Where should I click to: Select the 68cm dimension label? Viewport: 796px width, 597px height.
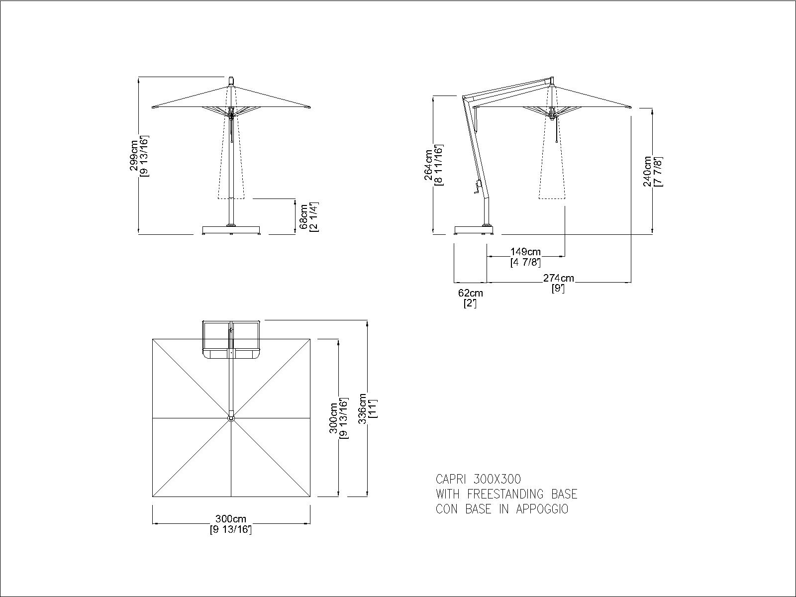[x=303, y=217]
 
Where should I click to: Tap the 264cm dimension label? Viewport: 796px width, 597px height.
[x=429, y=165]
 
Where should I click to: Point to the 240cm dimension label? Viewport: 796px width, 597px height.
[x=647, y=172]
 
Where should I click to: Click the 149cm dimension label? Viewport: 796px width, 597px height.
[x=525, y=251]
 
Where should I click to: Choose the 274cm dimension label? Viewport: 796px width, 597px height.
[x=559, y=278]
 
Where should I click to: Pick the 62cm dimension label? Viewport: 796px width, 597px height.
[x=470, y=293]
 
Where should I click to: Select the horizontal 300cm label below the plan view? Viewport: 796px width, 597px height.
[x=231, y=519]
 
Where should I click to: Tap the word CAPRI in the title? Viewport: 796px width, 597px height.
[x=451, y=479]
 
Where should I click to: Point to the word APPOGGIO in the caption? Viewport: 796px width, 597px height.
[x=542, y=509]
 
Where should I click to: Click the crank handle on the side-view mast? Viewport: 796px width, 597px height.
[x=478, y=188]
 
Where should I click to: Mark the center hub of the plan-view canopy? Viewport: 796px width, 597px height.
[x=231, y=418]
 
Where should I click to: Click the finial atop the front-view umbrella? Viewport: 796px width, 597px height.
[x=231, y=81]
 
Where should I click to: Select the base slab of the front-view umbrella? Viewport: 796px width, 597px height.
[x=231, y=230]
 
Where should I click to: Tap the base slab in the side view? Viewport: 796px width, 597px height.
[x=474, y=230]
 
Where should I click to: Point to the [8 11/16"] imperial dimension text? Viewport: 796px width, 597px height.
[x=439, y=165]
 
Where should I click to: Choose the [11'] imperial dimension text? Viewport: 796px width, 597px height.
[x=373, y=408]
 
